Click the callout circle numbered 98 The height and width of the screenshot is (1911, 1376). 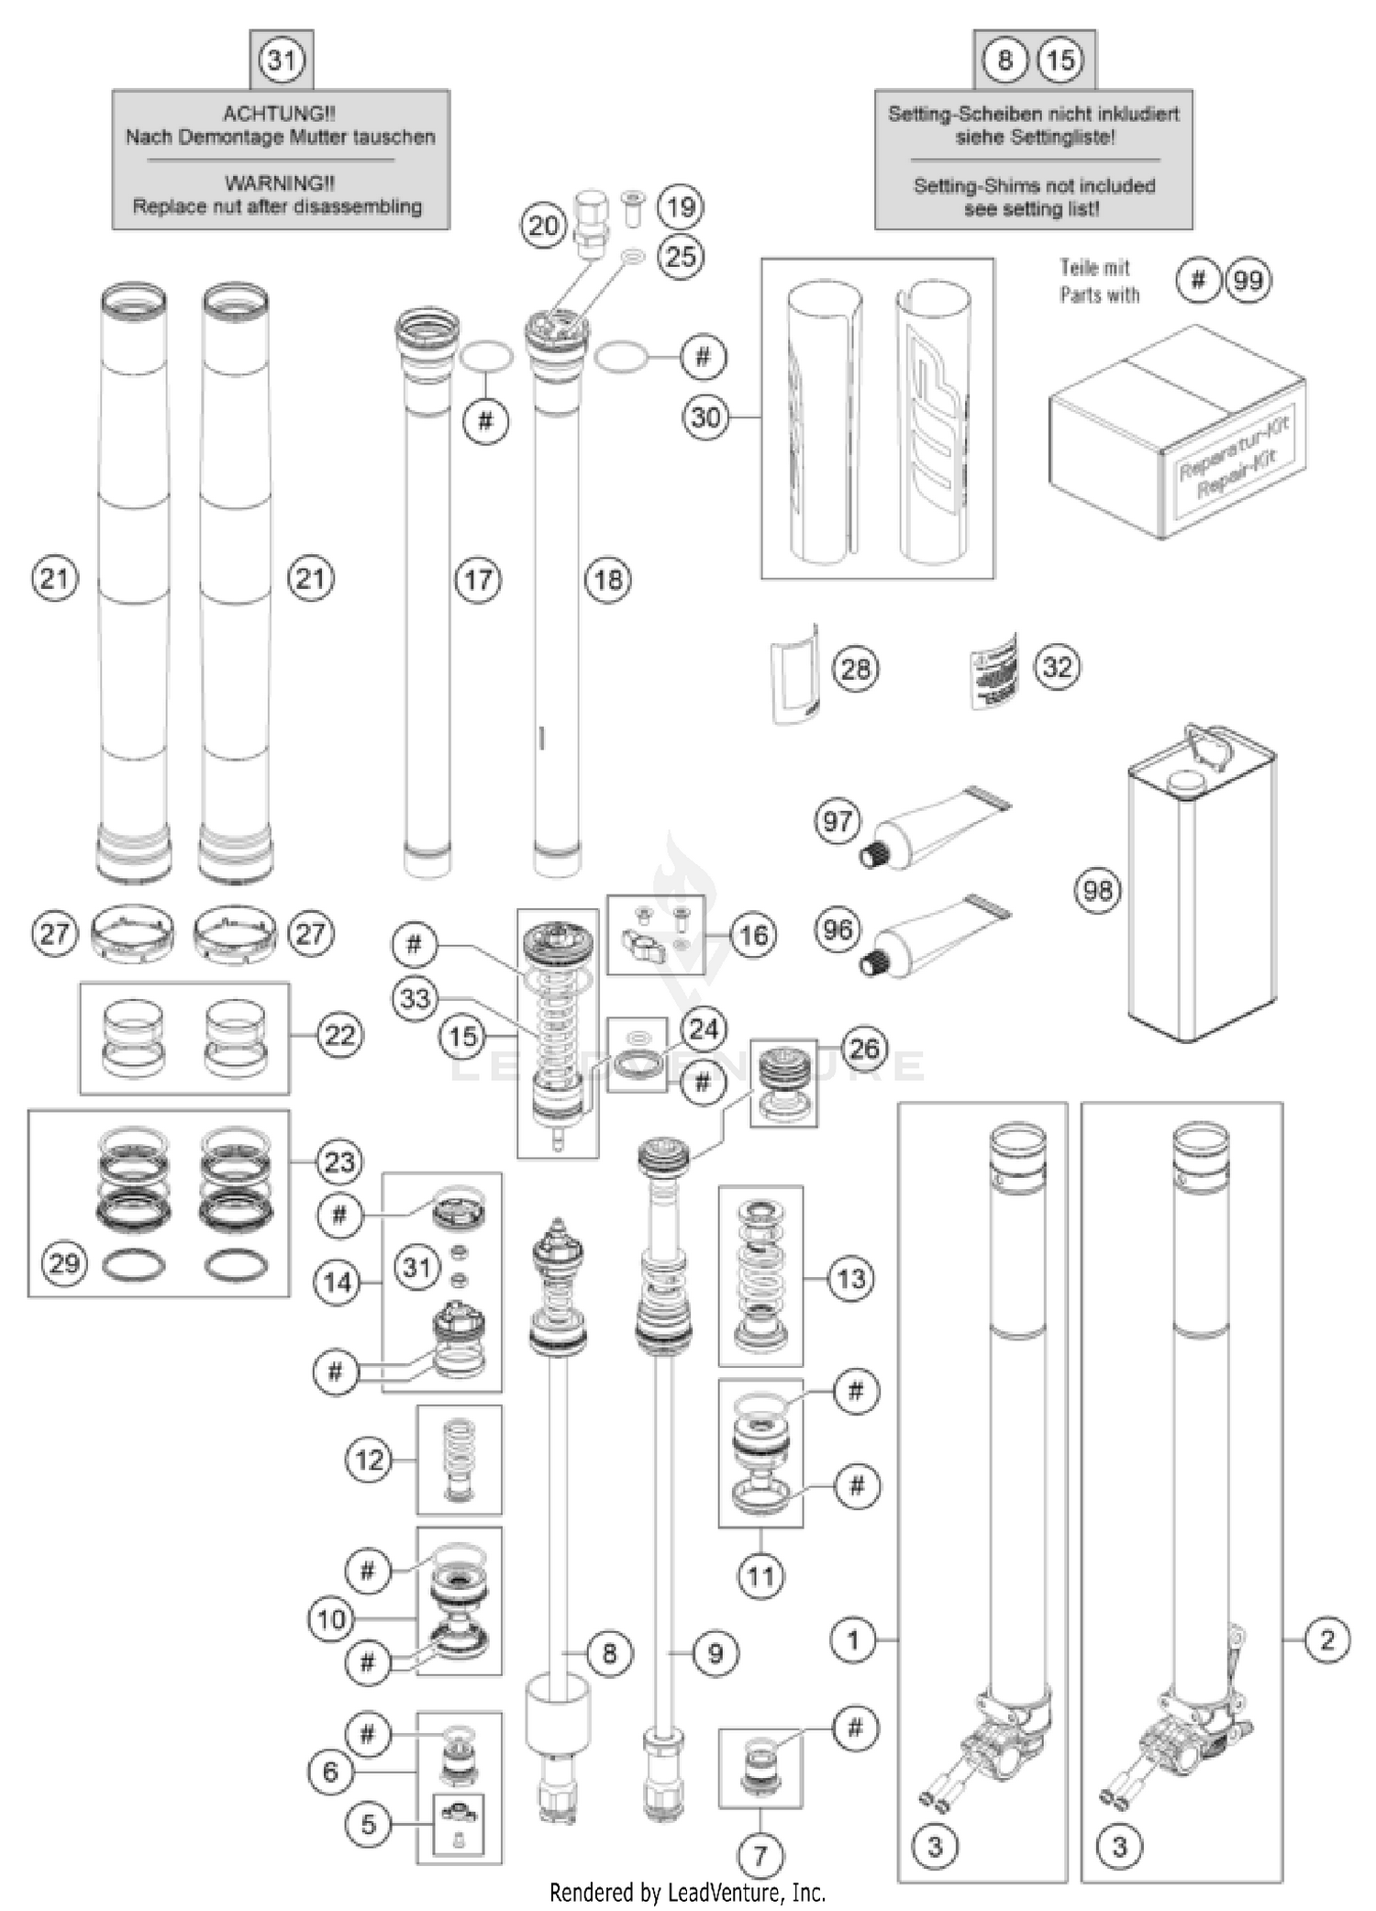1097,890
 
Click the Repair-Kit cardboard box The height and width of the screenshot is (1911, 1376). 1177,431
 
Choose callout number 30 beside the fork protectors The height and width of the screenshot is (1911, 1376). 705,417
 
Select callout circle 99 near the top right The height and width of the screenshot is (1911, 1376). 1248,280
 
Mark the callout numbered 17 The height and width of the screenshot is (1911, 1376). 478,579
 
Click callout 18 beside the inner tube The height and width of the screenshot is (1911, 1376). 608,579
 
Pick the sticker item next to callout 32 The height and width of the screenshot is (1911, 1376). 994,670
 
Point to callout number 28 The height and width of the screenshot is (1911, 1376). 855,668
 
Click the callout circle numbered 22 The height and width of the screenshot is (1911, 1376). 339,1035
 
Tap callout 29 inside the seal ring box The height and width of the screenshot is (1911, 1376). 63,1263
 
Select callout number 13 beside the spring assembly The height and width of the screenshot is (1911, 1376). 850,1278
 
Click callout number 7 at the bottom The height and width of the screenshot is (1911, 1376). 760,1855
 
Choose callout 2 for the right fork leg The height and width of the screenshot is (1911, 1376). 1326,1639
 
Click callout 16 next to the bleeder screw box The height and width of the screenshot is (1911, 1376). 753,935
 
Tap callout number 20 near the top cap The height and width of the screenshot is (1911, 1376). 543,225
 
